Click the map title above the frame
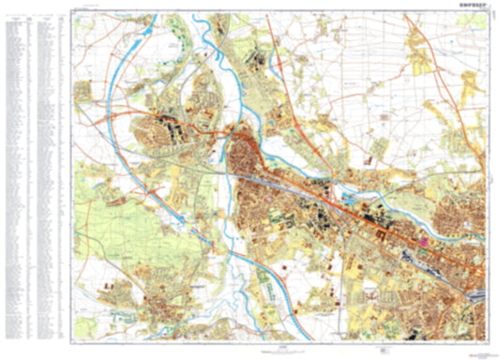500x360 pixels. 471,6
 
